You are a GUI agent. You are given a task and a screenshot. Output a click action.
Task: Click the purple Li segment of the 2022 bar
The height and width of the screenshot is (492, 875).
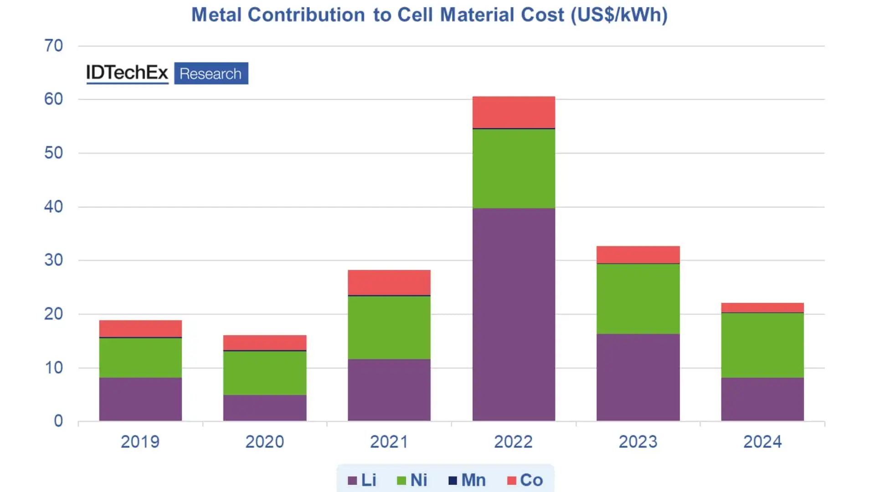pos(514,314)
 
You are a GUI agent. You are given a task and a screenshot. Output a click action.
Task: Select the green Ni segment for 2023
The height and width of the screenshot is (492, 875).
pos(638,299)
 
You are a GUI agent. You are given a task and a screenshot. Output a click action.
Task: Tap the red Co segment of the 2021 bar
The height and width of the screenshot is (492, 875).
pos(389,282)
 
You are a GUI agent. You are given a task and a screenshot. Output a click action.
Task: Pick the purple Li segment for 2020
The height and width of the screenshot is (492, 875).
pos(265,408)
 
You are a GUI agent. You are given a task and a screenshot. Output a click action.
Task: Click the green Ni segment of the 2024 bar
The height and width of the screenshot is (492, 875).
pos(762,345)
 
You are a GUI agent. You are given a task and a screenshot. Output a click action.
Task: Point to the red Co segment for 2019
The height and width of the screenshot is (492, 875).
pos(140,328)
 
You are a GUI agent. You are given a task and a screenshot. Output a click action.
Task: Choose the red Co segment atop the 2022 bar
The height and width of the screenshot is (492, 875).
pos(514,112)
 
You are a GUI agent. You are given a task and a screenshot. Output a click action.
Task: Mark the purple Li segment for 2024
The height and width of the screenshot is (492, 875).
pos(762,399)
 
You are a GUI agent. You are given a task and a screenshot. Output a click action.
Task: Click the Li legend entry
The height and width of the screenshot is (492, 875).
pos(362,480)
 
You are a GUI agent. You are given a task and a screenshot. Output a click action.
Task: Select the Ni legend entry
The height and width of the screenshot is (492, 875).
pos(412,480)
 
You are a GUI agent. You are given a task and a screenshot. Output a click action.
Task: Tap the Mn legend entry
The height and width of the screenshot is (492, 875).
pos(467,480)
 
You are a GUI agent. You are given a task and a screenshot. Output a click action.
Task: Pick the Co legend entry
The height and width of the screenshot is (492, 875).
pos(525,480)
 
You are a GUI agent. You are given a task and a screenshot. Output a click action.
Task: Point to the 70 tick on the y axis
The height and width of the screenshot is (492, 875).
pos(54,46)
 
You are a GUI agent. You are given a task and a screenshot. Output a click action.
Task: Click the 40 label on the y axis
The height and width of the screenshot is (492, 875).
pos(54,207)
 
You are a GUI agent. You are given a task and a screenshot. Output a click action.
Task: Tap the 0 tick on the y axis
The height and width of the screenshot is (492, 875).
pos(58,421)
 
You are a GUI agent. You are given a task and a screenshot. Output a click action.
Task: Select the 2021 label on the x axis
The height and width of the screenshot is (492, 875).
pos(389,442)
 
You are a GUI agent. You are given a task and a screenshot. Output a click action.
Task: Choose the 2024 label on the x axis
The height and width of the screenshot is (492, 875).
pos(762,442)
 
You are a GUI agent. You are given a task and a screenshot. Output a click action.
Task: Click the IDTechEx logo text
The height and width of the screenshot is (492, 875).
pos(127,73)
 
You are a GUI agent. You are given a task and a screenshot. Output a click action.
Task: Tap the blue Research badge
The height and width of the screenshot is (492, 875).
pos(211,73)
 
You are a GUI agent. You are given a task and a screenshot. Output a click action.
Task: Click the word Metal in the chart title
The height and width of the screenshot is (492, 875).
pos(216,15)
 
